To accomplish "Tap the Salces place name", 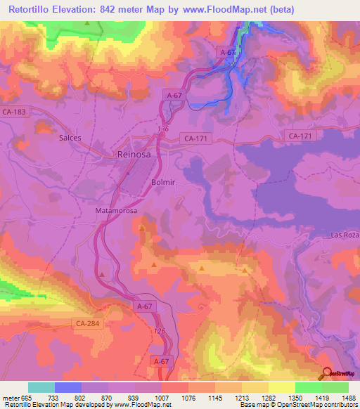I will pyautogui.click(x=70, y=138).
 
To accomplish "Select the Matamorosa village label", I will pyautogui.click(x=116, y=210).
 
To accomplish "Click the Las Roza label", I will pyautogui.click(x=345, y=235).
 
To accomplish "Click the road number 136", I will pyautogui.click(x=163, y=129).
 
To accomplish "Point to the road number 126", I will pyautogui.click(x=159, y=331).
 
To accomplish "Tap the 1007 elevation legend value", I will pyautogui.click(x=162, y=398).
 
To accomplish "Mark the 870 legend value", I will pyautogui.click(x=108, y=398).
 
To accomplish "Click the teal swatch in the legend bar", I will pyautogui.click(x=41, y=387).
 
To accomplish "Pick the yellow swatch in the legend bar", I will pyautogui.click(x=282, y=387).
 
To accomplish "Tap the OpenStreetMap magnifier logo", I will pyautogui.click(x=327, y=373).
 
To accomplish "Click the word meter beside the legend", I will pyautogui.click(x=11, y=398).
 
